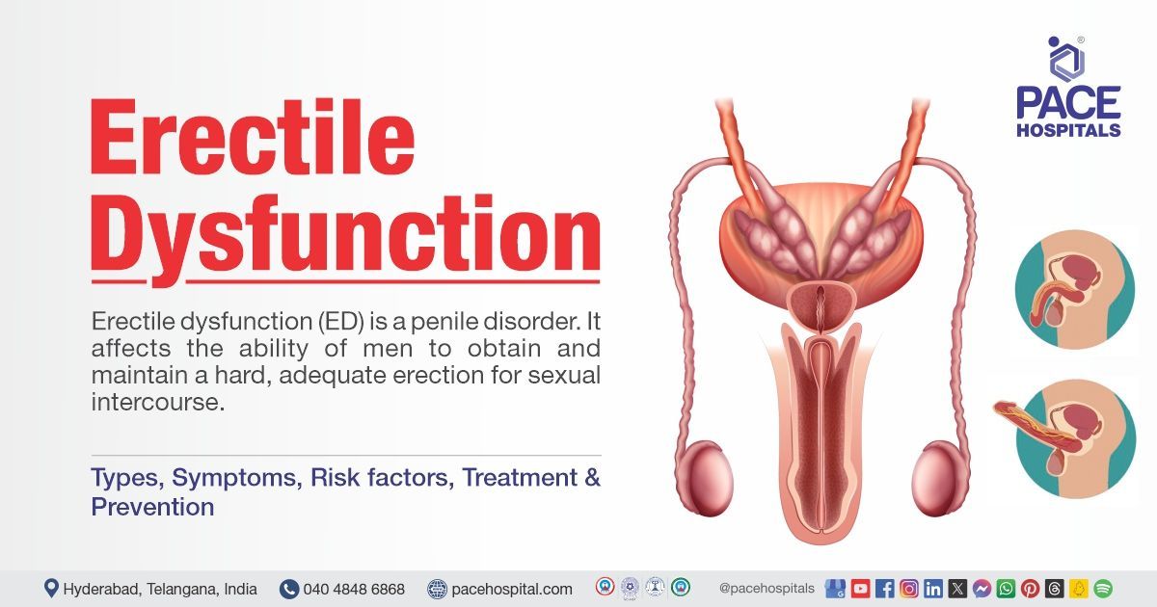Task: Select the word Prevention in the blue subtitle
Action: [x=152, y=507]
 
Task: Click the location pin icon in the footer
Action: [x=51, y=588]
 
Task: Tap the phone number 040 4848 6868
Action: [x=354, y=588]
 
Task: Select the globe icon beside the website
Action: [x=438, y=588]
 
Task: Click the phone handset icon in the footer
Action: [x=288, y=588]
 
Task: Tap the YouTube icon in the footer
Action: [x=860, y=588]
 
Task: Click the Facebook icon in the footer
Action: [x=884, y=588]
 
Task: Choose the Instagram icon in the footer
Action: [x=908, y=588]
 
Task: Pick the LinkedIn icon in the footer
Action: [x=932, y=588]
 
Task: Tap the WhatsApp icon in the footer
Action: [x=1006, y=588]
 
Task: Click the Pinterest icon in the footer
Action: [x=1030, y=588]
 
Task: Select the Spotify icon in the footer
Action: [x=1103, y=588]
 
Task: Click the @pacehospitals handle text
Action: [x=767, y=588]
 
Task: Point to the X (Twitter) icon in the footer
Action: [x=957, y=588]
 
